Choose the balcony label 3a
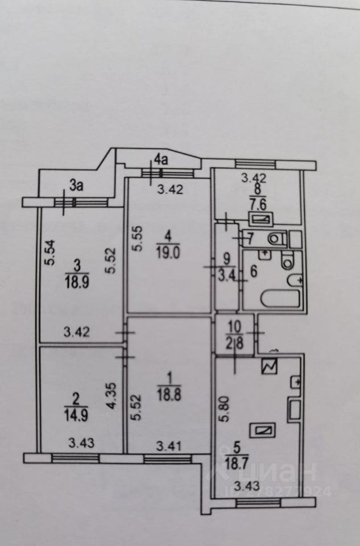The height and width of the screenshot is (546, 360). pos(76,184)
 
